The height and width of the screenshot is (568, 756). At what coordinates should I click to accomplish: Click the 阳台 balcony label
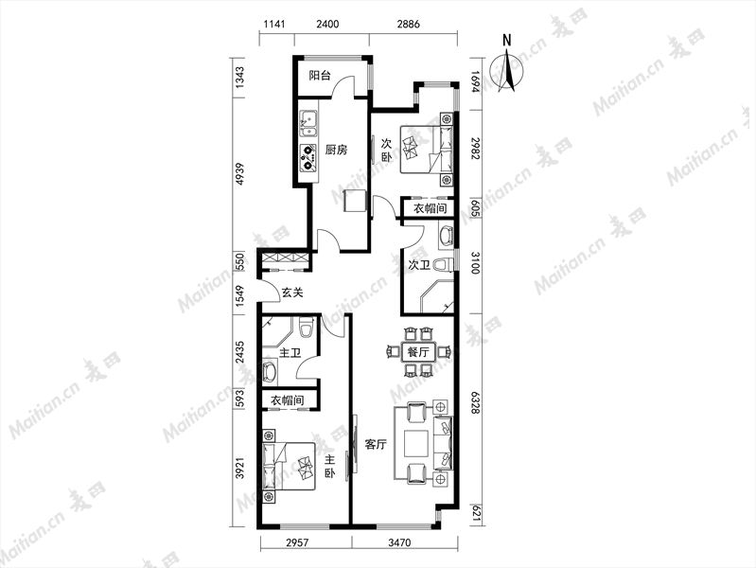coord(320,76)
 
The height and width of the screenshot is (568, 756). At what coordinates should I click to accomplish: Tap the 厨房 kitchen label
coord(336,150)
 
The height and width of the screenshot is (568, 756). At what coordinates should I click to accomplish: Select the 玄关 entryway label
coord(292,292)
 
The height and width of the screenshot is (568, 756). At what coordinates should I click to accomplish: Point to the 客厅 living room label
coord(376,444)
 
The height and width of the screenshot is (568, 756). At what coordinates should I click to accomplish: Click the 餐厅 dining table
coord(418,351)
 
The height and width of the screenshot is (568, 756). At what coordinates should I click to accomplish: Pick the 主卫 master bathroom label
coord(290,353)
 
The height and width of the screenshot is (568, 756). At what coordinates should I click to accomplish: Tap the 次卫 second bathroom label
coord(419,265)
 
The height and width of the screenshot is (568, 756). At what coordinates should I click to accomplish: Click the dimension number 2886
coord(409,24)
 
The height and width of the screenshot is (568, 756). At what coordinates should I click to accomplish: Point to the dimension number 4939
coord(239,175)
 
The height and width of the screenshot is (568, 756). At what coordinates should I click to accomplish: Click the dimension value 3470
coord(399,542)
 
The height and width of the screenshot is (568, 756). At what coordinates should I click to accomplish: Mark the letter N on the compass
coord(506,41)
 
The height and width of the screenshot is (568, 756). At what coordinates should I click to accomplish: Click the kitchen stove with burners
coord(308,157)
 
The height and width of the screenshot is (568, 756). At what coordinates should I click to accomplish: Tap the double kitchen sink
coord(308,124)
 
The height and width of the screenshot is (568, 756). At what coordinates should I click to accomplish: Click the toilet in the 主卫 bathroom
coord(306,327)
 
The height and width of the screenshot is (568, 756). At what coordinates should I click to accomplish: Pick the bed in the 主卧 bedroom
coord(289,466)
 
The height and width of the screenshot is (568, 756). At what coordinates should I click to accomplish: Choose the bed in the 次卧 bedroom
coord(427,150)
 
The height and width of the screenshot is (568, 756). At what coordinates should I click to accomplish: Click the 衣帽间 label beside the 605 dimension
coord(431,208)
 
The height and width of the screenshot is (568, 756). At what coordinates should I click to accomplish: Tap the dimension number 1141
coord(275,24)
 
